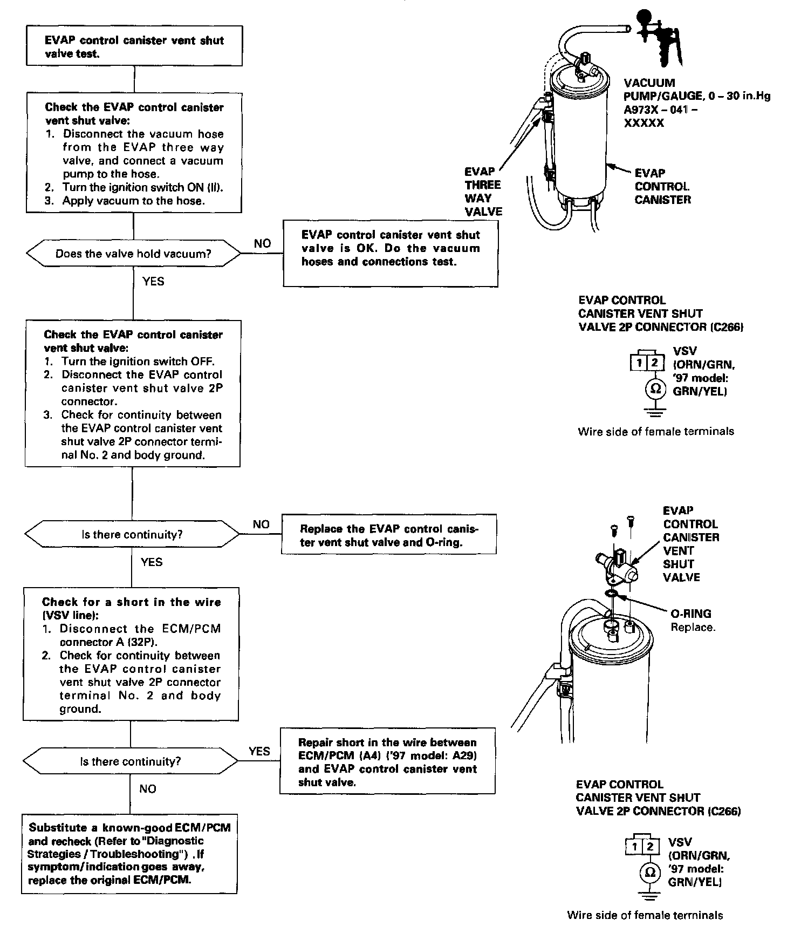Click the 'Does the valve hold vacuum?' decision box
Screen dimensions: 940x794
coord(133,254)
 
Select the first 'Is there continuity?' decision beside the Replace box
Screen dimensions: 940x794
coord(132,534)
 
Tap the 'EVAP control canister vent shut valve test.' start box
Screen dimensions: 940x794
coord(134,46)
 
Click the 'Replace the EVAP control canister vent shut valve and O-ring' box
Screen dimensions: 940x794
coord(388,535)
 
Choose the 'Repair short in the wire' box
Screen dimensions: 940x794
coord(387,762)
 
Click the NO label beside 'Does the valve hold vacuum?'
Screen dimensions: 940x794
coord(262,243)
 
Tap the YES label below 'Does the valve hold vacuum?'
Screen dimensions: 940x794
coord(153,281)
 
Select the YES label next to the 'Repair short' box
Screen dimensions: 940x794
coord(259,751)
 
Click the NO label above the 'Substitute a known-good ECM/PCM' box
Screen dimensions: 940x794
coord(147,789)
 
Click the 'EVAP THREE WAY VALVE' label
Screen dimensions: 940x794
coord(483,192)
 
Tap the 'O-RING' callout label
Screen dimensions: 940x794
coord(690,614)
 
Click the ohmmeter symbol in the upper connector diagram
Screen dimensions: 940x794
coord(655,389)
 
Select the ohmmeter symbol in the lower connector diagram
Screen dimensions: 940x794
coord(651,873)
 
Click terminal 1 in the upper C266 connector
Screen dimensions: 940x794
coord(639,363)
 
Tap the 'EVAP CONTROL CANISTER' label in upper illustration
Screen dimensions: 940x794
coord(662,186)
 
